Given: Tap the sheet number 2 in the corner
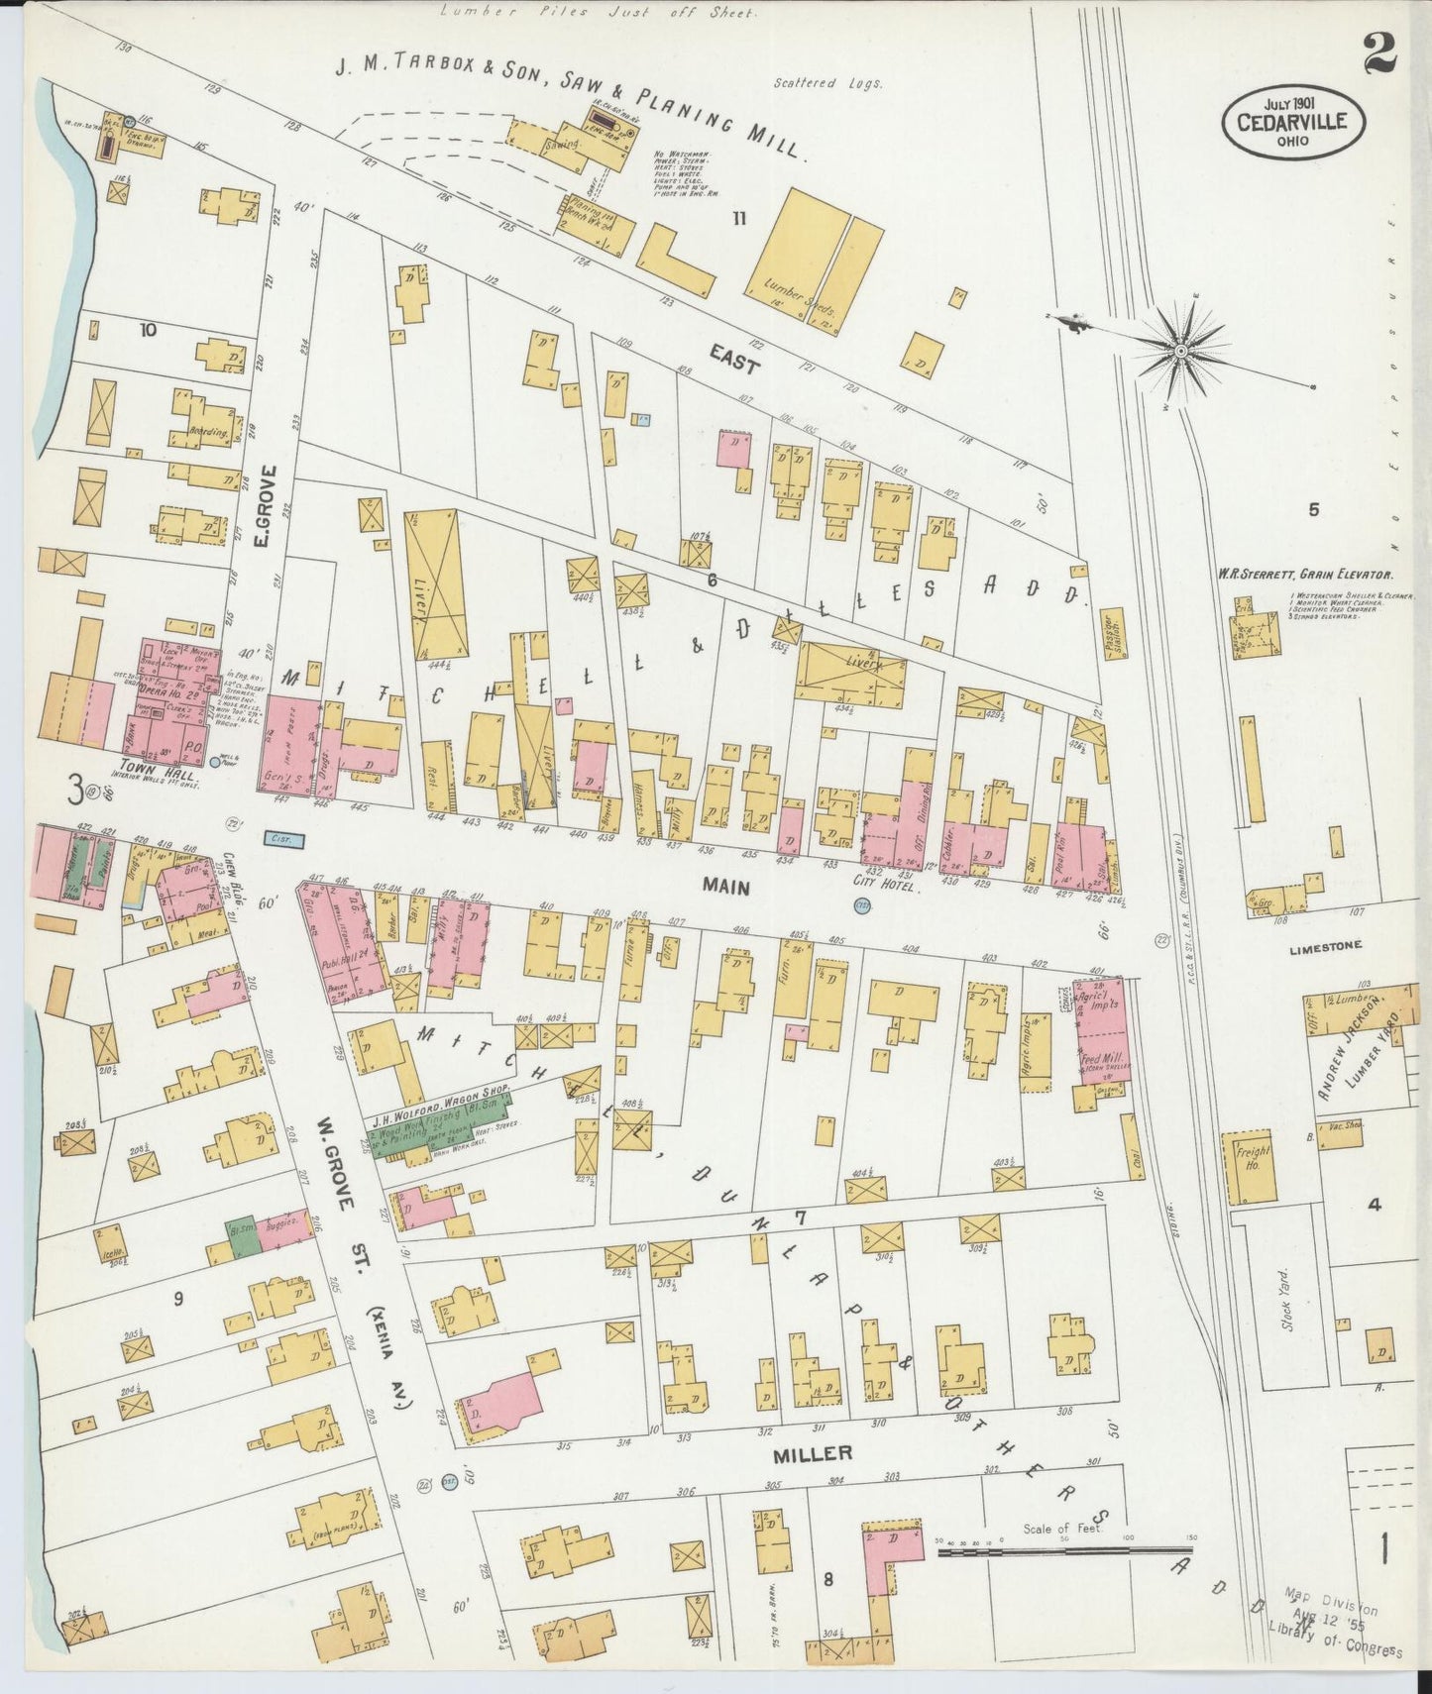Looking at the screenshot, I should (x=1378, y=53).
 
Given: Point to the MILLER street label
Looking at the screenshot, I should (x=813, y=1452).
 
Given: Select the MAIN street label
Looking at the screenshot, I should (x=725, y=887).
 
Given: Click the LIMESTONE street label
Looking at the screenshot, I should (x=1327, y=947).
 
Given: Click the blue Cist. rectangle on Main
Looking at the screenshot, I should (x=284, y=838).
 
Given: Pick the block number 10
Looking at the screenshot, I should (x=149, y=331).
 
